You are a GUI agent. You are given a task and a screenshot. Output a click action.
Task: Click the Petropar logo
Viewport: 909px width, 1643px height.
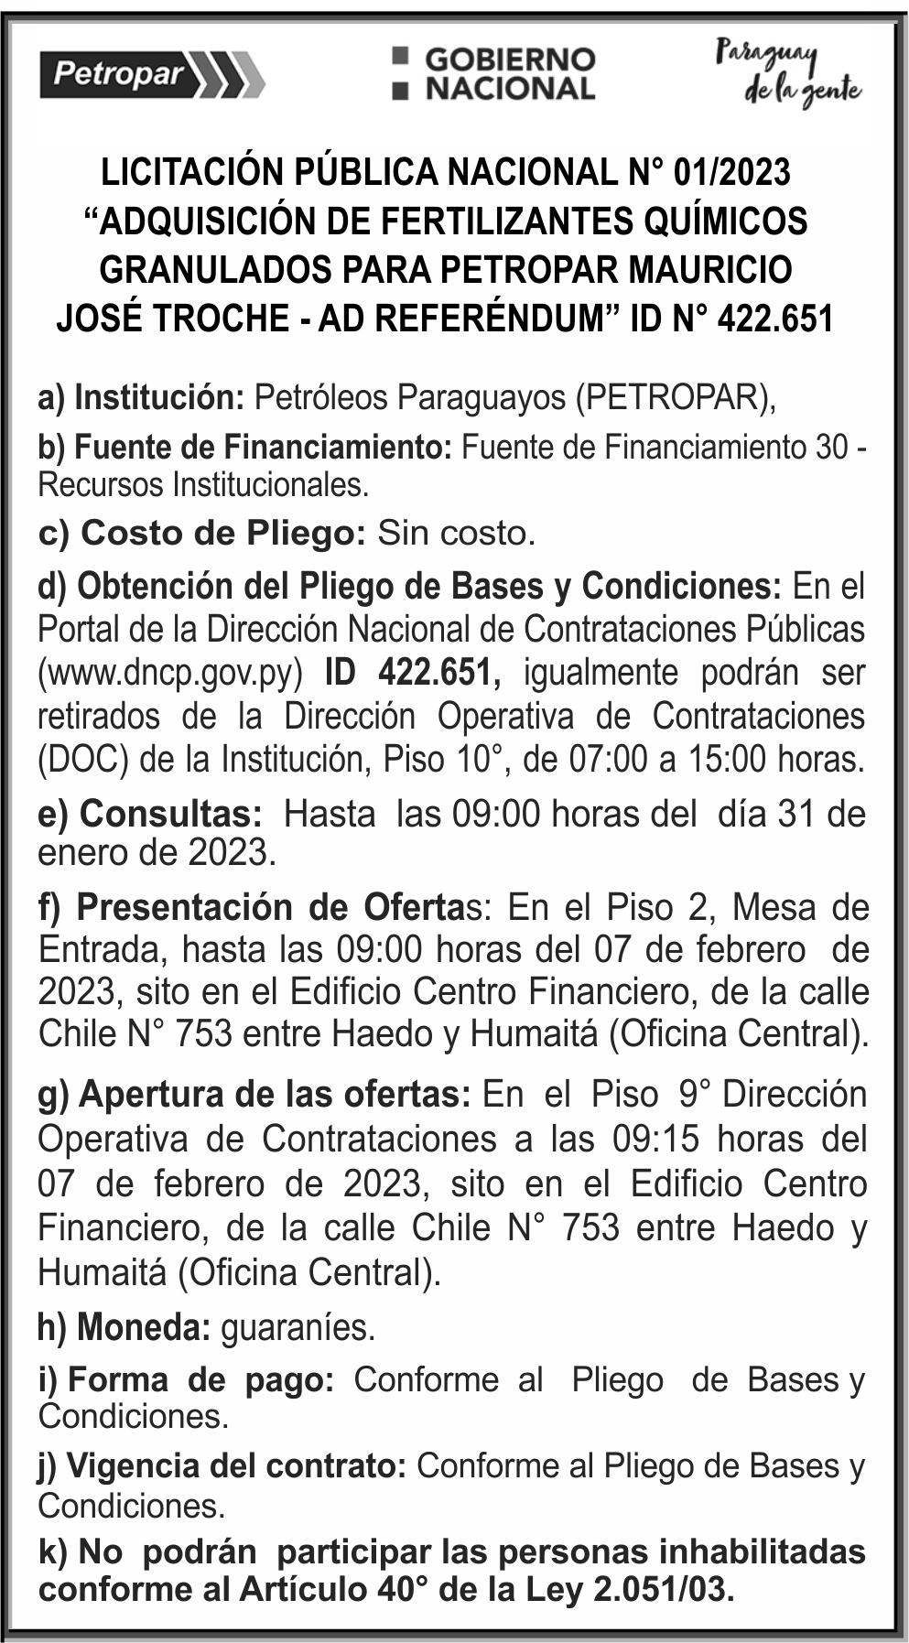pyautogui.click(x=151, y=73)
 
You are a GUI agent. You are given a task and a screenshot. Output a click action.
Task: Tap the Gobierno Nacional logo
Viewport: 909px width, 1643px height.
pyautogui.click(x=494, y=73)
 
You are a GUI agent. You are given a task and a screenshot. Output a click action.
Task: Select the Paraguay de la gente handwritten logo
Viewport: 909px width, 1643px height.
pyautogui.click(x=788, y=73)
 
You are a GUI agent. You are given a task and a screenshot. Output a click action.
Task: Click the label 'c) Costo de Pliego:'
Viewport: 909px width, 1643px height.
pyautogui.click(x=202, y=533)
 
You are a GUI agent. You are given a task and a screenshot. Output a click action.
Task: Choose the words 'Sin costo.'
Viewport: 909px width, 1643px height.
pyautogui.click(x=456, y=533)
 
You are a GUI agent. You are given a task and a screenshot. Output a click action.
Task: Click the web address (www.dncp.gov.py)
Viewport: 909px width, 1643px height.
pyautogui.click(x=170, y=673)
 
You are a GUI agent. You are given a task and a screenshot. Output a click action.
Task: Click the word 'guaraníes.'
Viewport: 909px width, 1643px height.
pyautogui.click(x=298, y=1327)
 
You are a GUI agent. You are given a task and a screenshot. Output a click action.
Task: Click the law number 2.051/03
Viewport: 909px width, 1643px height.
pyautogui.click(x=664, y=1590)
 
